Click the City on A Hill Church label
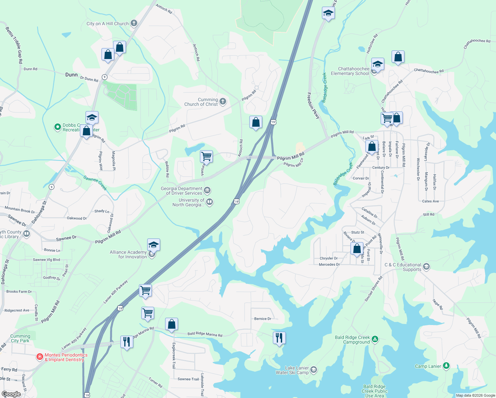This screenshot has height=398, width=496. pyautogui.click(x=107, y=24)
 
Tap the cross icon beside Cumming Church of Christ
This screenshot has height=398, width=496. pyautogui.click(x=223, y=101)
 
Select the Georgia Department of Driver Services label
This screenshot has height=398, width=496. pyautogui.click(x=181, y=191)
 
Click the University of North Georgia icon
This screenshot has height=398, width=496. pyautogui.click(x=210, y=202)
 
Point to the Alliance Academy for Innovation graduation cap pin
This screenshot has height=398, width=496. pyautogui.click(x=154, y=245)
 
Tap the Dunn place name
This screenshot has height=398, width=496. pyautogui.click(x=71, y=75)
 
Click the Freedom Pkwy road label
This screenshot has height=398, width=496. pyautogui.click(x=313, y=106)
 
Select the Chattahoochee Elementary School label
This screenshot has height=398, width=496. pyautogui.click(x=350, y=71)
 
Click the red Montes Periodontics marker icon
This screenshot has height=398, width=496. pyautogui.click(x=40, y=357)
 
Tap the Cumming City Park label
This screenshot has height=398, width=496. pyautogui.click(x=20, y=338)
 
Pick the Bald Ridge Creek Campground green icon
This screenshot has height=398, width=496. pyautogui.click(x=375, y=339)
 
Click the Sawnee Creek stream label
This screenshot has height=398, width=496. pyautogui.click(x=95, y=183)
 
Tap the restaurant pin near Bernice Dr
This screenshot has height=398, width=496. pyautogui.click(x=279, y=338)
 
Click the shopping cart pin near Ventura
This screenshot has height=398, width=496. pyautogui.click(x=207, y=156)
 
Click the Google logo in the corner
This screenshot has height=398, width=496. pyautogui.click(x=11, y=394)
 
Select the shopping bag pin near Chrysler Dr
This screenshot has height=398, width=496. pyautogui.click(x=357, y=248)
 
